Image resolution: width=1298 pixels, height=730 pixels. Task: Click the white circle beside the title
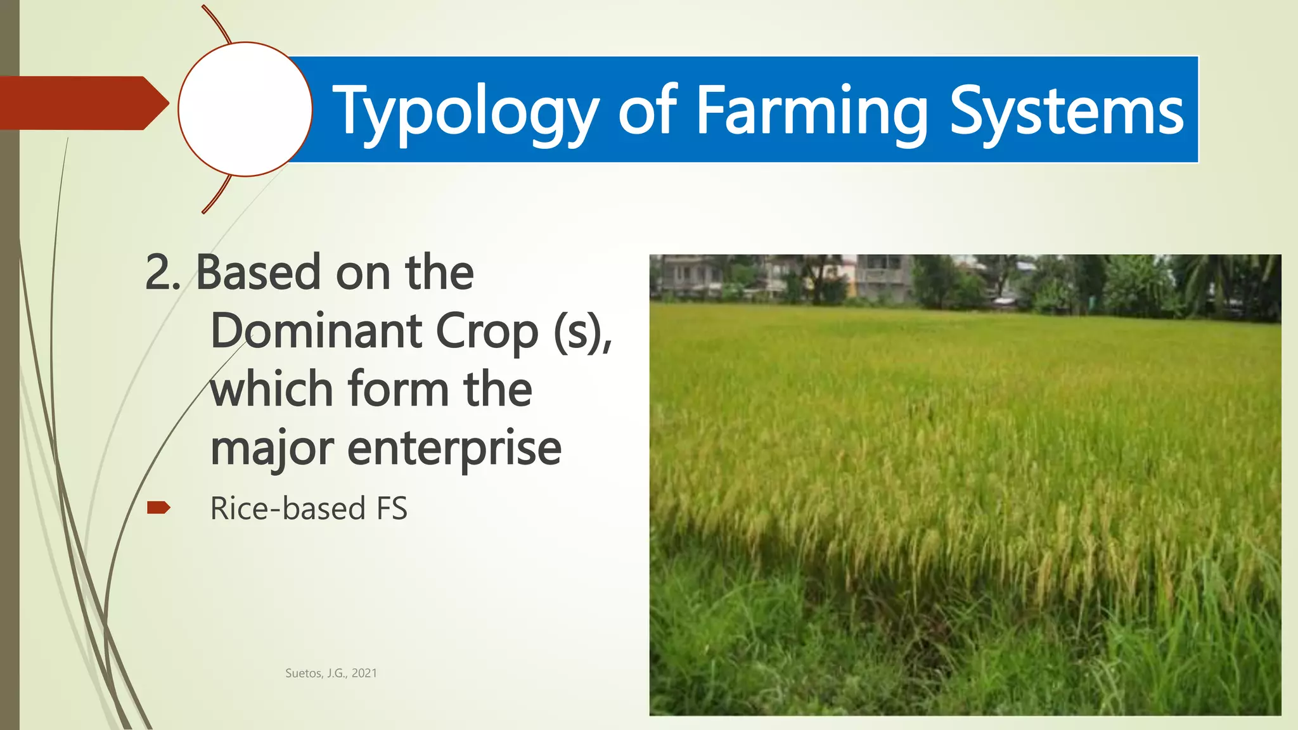[x=245, y=109]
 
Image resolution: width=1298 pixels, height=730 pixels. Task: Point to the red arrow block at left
[x=79, y=103]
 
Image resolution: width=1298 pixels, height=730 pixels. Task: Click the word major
[x=272, y=449]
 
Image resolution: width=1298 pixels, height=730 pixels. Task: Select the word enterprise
[x=454, y=449]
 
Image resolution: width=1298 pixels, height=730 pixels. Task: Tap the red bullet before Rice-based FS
[x=158, y=508]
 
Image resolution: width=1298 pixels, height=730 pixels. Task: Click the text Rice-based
[x=288, y=508]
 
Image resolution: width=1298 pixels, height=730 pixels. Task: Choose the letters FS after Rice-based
[x=392, y=508]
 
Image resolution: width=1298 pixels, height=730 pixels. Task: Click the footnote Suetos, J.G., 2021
[x=331, y=673]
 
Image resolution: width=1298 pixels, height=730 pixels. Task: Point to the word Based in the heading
[x=258, y=273]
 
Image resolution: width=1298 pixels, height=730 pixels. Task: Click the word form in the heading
[x=398, y=389]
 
